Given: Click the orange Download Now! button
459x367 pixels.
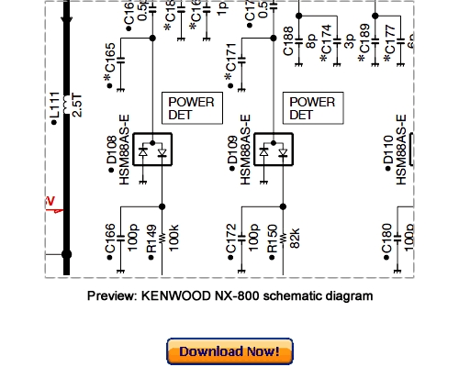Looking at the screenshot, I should tap(229, 351).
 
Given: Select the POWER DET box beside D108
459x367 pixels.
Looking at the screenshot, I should tap(191, 109).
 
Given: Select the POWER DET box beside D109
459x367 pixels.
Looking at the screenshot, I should tap(311, 109).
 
